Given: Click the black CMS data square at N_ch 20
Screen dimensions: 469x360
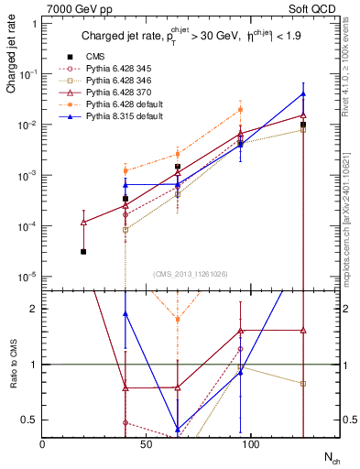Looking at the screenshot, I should pyautogui.click(x=83, y=251).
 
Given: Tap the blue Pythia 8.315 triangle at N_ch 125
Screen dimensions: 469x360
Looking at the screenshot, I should pyautogui.click(x=303, y=94).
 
